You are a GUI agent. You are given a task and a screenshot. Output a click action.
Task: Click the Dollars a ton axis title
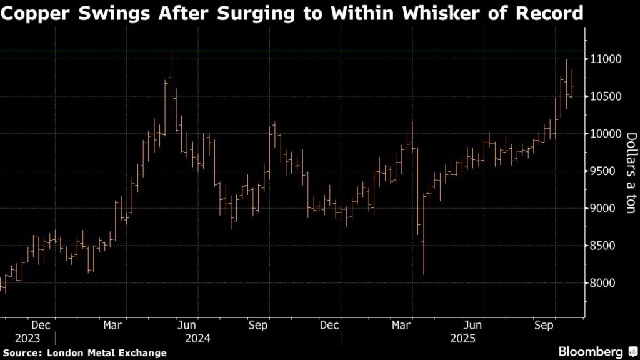(x=630, y=172)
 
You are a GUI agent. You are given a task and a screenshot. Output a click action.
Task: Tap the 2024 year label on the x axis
(x=197, y=339)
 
